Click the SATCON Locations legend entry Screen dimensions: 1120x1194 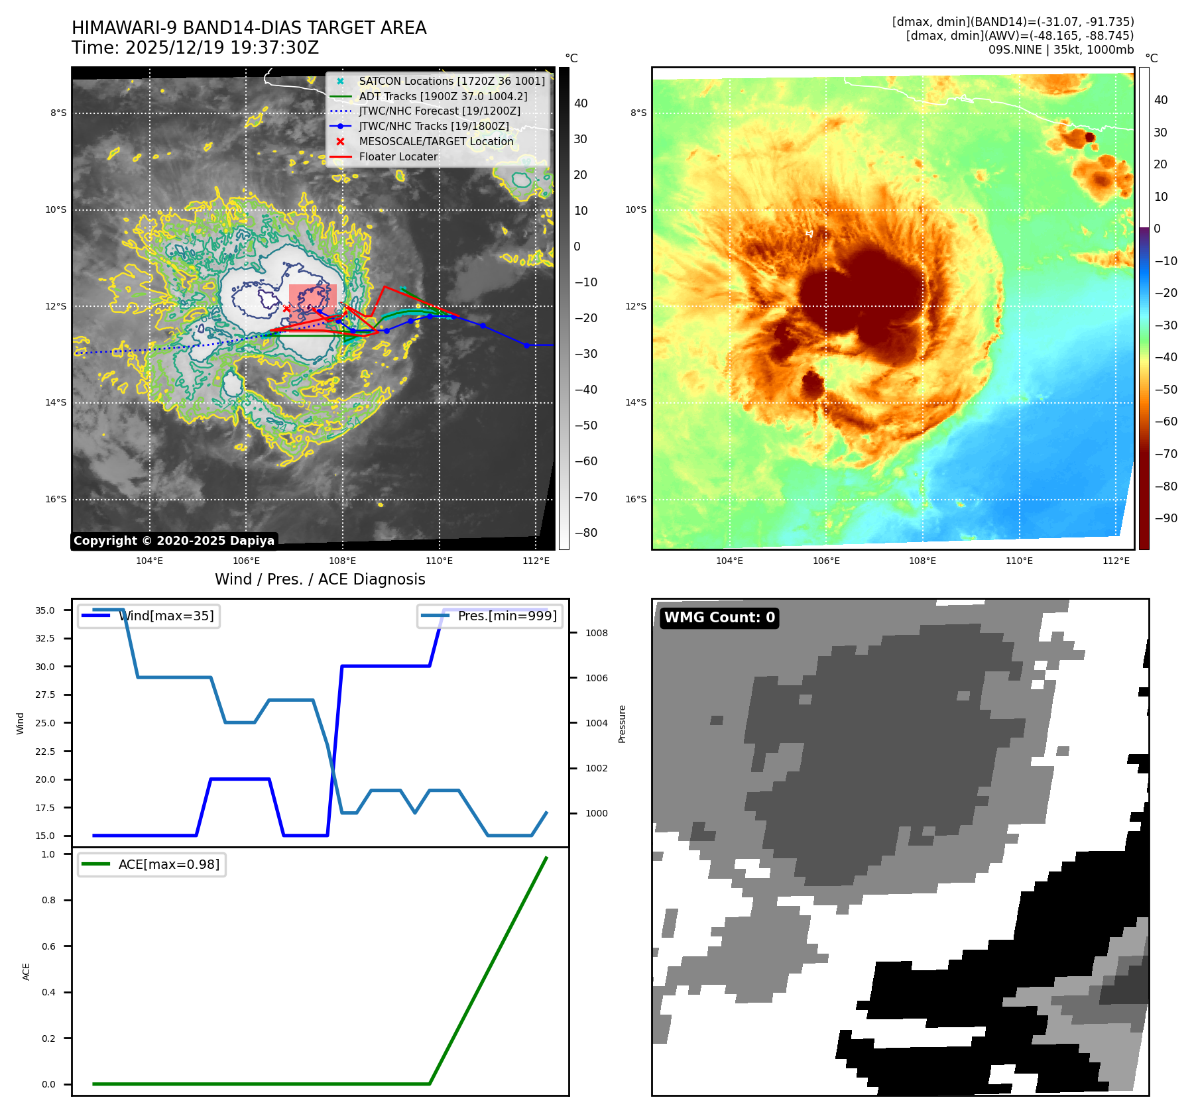451,81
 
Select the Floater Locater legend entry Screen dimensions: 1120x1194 398,156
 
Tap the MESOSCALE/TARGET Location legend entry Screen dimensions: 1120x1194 436,141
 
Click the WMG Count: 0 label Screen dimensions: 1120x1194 719,618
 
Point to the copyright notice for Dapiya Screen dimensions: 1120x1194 174,541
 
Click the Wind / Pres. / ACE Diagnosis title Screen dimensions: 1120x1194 320,579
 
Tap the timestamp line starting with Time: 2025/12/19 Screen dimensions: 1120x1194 196,48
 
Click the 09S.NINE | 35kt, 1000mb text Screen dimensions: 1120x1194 1061,50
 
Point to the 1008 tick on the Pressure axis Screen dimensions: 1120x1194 596,633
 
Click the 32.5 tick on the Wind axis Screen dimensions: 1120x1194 45,638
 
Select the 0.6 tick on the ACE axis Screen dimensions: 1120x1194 48,946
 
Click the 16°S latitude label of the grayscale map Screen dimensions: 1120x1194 56,499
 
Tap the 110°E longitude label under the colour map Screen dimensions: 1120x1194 1019,561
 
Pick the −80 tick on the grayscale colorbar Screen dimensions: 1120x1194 585,533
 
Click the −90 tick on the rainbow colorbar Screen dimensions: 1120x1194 1165,518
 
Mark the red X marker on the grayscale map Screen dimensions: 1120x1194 286,308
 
